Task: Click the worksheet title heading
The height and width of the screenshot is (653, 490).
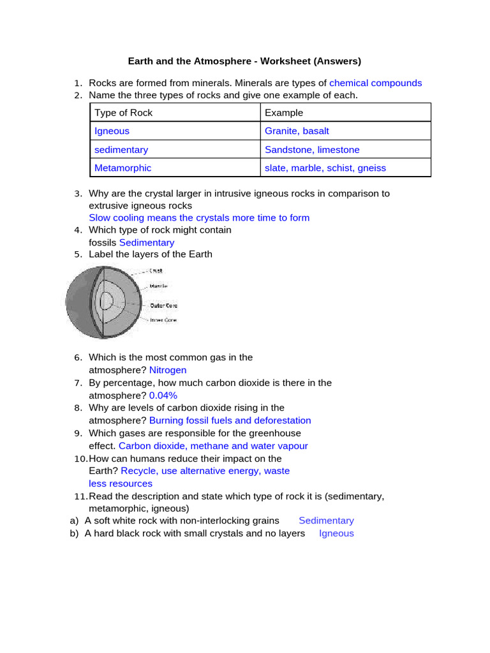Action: coord(244,61)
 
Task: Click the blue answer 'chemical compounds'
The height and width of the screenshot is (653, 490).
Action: coord(375,83)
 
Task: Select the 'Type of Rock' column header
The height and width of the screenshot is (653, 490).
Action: coord(124,113)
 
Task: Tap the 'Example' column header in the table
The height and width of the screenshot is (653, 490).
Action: coord(284,113)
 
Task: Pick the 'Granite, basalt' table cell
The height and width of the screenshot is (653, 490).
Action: coord(297,131)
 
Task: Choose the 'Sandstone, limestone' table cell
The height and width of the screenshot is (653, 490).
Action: coord(312,150)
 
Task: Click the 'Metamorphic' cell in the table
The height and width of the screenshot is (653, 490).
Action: coord(123,168)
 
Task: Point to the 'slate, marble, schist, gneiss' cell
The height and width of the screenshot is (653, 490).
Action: coord(325,168)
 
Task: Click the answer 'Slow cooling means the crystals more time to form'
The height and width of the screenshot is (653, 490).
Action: coord(199,218)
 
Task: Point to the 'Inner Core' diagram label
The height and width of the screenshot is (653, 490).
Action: coord(163,319)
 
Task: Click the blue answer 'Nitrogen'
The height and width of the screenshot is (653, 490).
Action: coord(168,370)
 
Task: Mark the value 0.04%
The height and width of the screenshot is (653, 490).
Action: coord(163,395)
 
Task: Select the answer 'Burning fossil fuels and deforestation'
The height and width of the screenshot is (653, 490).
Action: coord(230,420)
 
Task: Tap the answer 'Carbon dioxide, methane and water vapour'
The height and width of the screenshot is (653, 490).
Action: coord(213,446)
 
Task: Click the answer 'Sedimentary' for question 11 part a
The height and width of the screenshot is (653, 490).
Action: coord(326,521)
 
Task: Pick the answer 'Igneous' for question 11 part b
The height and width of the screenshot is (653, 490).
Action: coord(336,533)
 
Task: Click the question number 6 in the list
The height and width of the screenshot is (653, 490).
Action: coord(77,358)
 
